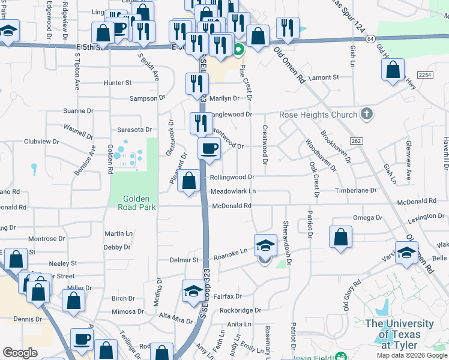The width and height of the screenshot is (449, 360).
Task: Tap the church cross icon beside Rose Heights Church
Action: (366, 115)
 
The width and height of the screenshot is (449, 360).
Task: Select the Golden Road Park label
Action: (139, 203)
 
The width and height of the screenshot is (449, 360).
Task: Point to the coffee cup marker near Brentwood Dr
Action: (209, 149)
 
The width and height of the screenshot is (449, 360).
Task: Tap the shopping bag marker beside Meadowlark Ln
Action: (189, 181)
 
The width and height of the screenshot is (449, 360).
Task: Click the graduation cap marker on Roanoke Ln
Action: (265, 245)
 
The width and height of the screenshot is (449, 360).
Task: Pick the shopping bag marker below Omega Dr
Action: (340, 236)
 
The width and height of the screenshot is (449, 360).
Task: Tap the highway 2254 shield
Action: (425, 74)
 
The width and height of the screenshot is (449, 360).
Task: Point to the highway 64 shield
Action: (371, 38)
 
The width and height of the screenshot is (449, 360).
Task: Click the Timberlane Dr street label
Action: (356, 190)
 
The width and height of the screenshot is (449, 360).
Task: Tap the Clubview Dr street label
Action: (41, 142)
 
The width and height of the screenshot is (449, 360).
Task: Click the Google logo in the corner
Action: (20, 353)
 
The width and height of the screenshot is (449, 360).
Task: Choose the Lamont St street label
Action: (324, 77)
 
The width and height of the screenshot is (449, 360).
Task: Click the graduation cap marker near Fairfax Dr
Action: (193, 291)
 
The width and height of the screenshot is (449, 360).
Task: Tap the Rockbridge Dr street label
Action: (240, 310)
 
